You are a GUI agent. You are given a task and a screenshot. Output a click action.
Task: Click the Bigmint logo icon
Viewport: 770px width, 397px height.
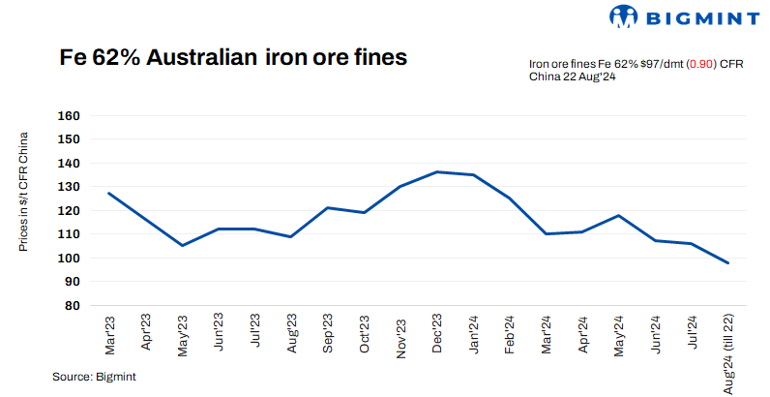[x=624, y=16]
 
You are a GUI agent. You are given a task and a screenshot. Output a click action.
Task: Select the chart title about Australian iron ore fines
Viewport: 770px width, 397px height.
[x=233, y=57]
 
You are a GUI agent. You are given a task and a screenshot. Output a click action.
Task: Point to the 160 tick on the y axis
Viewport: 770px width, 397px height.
[x=69, y=115]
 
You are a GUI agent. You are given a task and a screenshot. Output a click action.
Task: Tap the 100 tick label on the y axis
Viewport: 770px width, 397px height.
[x=69, y=258]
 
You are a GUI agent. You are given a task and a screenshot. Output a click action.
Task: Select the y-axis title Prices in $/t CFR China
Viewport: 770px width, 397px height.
[x=24, y=192]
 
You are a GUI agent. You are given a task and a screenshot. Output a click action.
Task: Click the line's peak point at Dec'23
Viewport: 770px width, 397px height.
[x=438, y=171]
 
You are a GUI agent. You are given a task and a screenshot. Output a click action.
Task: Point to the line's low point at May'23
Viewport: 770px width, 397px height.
[x=182, y=245]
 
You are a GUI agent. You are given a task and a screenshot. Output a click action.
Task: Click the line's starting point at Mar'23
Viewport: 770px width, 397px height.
[x=108, y=193]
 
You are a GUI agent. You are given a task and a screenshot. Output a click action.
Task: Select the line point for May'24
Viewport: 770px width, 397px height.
[x=619, y=215]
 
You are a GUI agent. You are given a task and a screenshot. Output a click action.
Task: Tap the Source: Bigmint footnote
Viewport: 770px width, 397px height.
[x=94, y=376]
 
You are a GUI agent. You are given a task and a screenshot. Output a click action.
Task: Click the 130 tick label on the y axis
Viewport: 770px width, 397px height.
[x=69, y=187]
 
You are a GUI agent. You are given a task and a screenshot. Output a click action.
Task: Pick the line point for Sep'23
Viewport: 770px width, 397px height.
[x=328, y=207]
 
